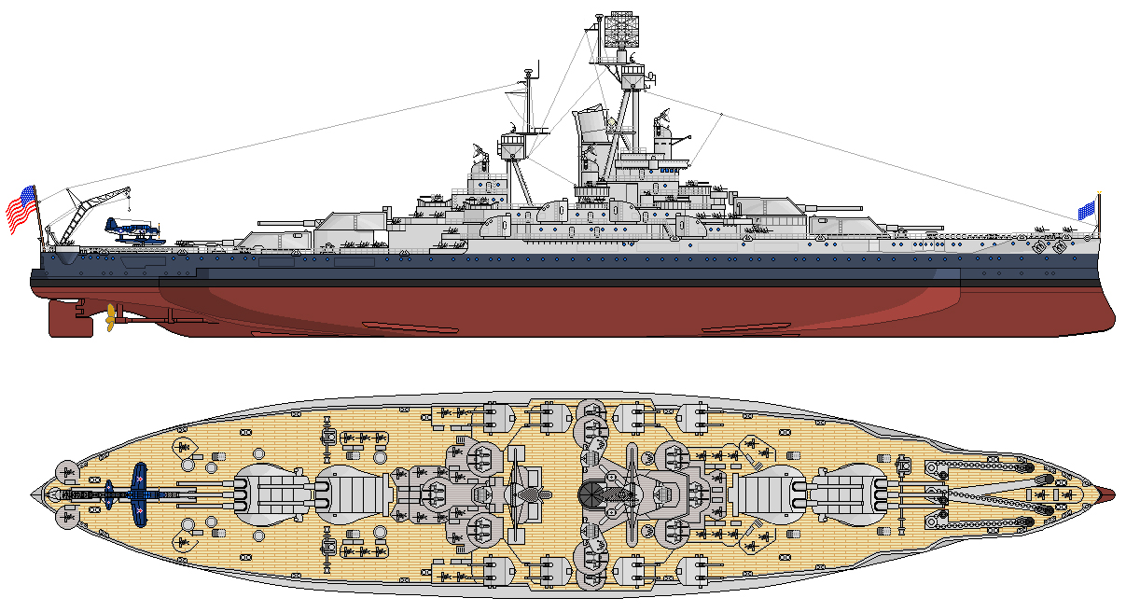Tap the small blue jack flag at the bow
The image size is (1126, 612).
coord(1085,211)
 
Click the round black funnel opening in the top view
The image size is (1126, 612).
coord(593,493)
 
